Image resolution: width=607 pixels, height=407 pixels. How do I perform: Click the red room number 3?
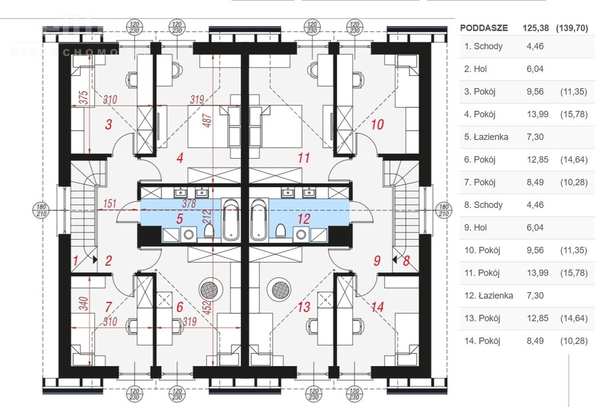108,124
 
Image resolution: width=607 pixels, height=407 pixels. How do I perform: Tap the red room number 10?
377,124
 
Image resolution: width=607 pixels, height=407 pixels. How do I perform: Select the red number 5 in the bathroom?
180,219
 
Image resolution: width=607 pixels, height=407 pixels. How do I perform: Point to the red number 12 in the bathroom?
303,219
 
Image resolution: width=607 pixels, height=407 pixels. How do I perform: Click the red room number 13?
304,307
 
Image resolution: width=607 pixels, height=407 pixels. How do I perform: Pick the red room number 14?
377,307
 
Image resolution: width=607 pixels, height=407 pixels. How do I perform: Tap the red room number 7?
108,307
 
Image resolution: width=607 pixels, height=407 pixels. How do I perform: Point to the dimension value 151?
109,204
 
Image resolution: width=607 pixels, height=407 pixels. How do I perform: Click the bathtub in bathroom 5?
231,220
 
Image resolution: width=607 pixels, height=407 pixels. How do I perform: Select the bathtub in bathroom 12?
260,220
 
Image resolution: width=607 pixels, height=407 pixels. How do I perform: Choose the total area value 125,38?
535,28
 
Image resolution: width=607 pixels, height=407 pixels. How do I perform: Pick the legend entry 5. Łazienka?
487,137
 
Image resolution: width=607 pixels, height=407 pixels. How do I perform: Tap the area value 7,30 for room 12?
535,295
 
